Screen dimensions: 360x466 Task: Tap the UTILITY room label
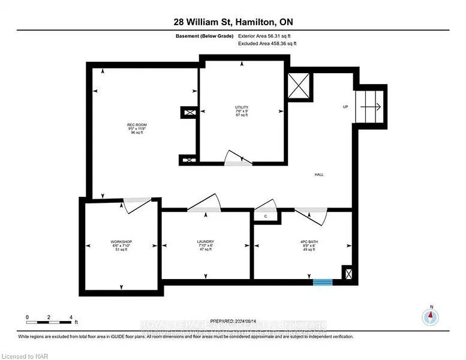pyautogui.click(x=241, y=110)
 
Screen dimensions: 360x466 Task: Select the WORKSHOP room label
pyautogui.click(x=121, y=245)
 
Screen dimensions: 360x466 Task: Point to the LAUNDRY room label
pyautogui.click(x=206, y=245)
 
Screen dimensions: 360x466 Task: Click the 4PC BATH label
pyautogui.click(x=308, y=245)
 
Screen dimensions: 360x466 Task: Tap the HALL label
pyautogui.click(x=319, y=175)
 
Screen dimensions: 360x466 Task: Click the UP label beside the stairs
pyautogui.click(x=345, y=107)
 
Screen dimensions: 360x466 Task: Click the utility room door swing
pyautogui.click(x=238, y=157)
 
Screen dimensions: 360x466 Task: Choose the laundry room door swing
pyautogui.click(x=203, y=203)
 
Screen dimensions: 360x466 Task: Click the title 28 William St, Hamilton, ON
pyautogui.click(x=232, y=22)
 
